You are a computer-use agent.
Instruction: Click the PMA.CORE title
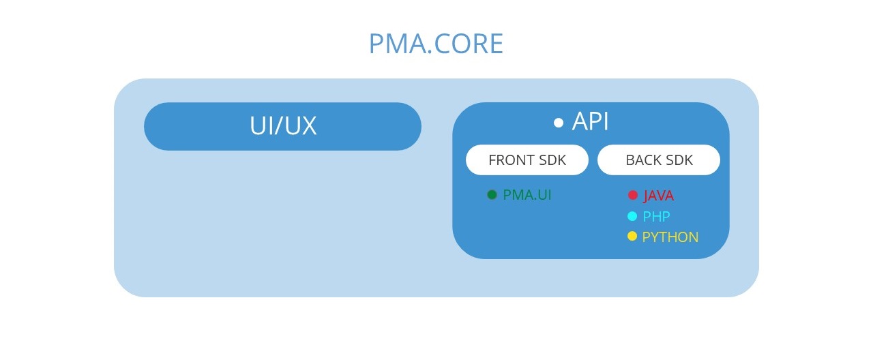point(436,44)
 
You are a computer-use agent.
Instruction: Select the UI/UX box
point(282,126)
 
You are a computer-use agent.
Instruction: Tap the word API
point(590,121)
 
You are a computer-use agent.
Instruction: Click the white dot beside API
point(559,123)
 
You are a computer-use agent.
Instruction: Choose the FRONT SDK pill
point(527,160)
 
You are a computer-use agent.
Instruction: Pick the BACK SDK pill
point(659,160)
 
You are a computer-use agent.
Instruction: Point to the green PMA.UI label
point(527,195)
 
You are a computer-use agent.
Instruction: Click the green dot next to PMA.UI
point(492,195)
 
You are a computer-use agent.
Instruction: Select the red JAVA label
point(658,196)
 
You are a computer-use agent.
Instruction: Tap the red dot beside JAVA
point(632,195)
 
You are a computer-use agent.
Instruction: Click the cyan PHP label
point(656,217)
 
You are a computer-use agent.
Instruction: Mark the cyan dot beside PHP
point(632,216)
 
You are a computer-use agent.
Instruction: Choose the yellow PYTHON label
point(670,237)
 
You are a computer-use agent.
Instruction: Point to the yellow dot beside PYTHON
point(632,236)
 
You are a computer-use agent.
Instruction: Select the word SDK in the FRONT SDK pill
point(552,160)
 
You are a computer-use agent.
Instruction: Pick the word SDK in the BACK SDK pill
point(679,160)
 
